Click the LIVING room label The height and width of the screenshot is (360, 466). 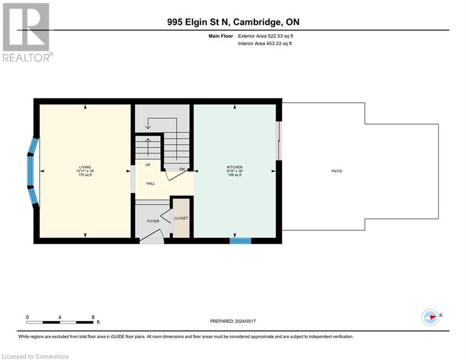[85, 167]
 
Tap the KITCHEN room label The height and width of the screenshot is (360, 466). [234, 167]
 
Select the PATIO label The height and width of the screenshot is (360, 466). [337, 171]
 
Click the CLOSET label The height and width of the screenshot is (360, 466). [181, 218]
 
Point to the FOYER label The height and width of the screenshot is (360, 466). [153, 221]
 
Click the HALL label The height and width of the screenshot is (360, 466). [150, 183]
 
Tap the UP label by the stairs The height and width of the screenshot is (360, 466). [148, 165]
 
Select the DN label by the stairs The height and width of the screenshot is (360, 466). [182, 169]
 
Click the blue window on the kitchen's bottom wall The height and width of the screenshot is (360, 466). [240, 241]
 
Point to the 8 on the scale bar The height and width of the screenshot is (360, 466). [93, 317]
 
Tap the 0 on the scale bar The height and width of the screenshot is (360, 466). [28, 317]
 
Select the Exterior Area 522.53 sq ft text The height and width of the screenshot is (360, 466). [266, 36]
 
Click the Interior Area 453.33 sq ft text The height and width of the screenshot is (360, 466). [265, 44]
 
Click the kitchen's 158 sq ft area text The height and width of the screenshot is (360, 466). [234, 175]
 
